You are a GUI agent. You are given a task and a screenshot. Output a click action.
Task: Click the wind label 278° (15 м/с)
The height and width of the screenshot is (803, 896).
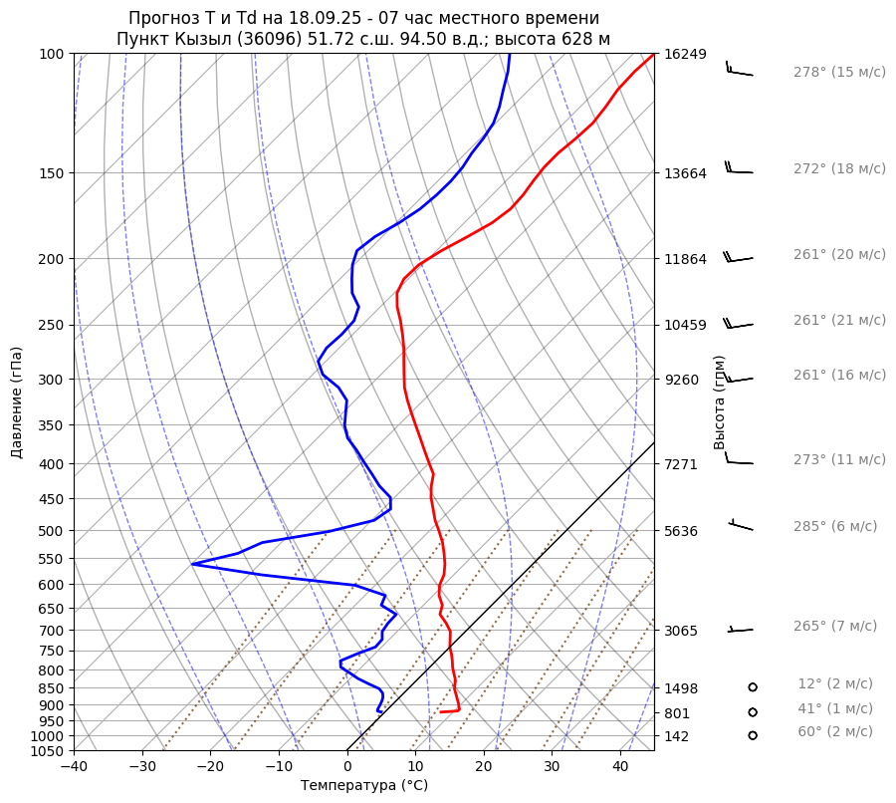click(x=839, y=72)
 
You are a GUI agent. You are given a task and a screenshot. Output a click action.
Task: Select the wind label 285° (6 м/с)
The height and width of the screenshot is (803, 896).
click(x=835, y=526)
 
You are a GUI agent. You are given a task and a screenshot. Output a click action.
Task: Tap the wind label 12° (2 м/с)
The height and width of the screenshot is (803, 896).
click(x=835, y=683)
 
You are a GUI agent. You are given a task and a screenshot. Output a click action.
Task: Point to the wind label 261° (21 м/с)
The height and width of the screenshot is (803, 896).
click(x=839, y=320)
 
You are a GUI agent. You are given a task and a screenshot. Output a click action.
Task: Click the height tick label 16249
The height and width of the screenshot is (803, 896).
click(x=684, y=54)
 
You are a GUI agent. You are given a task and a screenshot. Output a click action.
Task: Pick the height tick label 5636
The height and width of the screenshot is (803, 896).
click(x=681, y=531)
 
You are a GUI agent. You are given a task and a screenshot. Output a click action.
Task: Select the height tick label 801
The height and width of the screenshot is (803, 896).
click(x=677, y=713)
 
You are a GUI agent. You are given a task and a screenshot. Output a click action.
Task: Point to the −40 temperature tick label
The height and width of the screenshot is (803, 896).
click(x=74, y=767)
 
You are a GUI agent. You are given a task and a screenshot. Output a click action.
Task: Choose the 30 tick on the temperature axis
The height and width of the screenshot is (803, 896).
click(x=552, y=767)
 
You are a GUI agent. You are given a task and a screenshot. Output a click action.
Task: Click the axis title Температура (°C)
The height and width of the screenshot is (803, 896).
click(x=364, y=786)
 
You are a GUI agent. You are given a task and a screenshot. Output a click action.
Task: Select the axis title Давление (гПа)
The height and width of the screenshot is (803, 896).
click(x=17, y=402)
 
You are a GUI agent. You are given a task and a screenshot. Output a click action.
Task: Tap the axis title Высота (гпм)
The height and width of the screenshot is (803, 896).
click(x=719, y=402)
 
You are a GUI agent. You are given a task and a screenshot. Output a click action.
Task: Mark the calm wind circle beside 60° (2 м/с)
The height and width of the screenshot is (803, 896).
click(x=753, y=735)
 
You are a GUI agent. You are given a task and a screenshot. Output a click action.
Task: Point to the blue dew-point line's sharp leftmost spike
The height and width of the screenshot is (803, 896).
click(x=193, y=564)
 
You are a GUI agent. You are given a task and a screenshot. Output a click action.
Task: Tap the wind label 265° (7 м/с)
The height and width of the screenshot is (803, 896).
click(x=835, y=626)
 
